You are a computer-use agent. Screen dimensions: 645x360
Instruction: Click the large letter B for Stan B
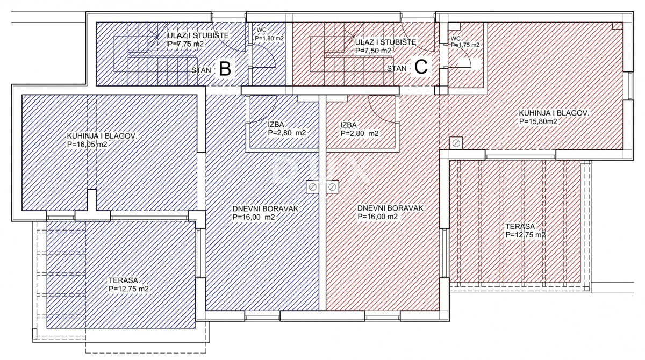click(225, 69)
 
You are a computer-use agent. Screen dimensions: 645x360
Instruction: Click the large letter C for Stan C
click(421, 67)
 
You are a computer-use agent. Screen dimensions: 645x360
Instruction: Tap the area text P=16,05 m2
click(87, 145)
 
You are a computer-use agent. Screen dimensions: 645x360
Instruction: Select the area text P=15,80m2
click(538, 121)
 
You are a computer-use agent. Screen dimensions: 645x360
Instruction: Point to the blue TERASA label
click(123, 280)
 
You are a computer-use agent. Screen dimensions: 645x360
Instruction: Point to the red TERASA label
click(520, 226)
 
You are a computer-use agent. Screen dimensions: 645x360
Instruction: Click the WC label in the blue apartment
click(261, 30)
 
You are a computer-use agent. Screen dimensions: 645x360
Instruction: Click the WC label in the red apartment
click(456, 38)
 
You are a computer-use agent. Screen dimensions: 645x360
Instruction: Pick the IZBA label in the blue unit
click(276, 124)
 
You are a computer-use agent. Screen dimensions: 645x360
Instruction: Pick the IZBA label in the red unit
click(348, 125)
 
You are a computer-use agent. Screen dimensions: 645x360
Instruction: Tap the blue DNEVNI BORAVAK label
click(266, 208)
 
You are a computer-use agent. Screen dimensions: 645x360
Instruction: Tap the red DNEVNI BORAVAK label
click(390, 208)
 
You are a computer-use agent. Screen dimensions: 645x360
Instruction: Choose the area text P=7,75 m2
click(185, 44)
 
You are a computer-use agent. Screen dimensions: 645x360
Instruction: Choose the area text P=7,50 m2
click(373, 51)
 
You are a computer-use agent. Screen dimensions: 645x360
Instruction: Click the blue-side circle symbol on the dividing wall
click(312, 188)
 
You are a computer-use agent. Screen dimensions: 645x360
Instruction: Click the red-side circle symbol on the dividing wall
click(332, 188)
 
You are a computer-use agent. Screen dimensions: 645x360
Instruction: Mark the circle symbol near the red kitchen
click(456, 143)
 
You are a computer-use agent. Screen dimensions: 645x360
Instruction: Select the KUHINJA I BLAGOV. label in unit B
click(102, 136)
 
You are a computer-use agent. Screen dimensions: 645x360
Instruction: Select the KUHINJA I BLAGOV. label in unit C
click(554, 113)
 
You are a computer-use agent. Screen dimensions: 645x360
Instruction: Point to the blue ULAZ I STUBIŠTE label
click(198, 35)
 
